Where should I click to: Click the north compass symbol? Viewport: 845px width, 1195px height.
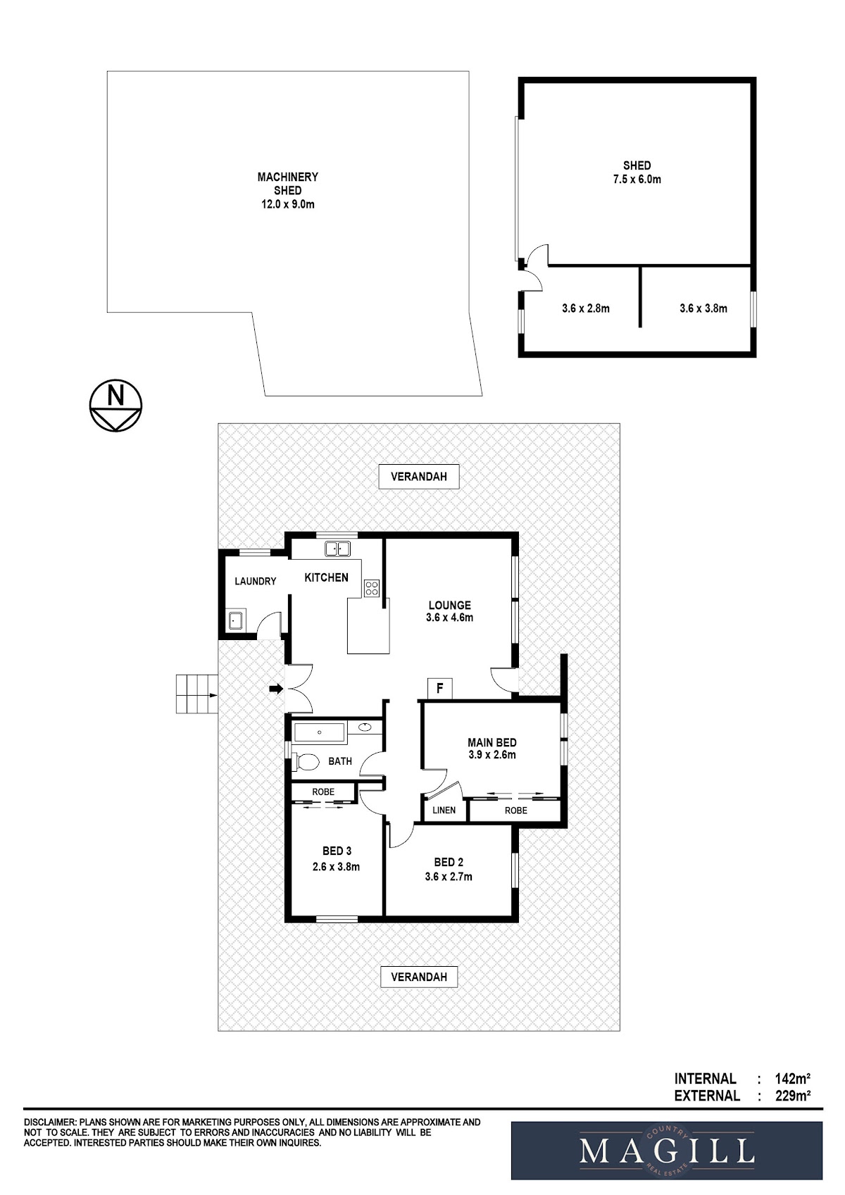(x=115, y=405)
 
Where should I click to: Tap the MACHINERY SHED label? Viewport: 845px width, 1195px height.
(x=287, y=184)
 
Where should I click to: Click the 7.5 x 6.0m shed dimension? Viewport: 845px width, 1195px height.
(x=637, y=180)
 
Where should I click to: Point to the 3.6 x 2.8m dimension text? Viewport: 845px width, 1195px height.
(x=586, y=308)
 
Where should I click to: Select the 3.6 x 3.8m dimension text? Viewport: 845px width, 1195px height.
(x=703, y=308)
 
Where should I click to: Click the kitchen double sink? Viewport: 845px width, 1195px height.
(x=337, y=548)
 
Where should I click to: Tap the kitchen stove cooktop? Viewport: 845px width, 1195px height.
(x=372, y=587)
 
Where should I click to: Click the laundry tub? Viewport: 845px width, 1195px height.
(x=235, y=620)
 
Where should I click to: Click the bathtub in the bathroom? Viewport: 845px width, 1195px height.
(x=320, y=732)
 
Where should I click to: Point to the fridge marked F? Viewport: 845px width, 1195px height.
(x=440, y=688)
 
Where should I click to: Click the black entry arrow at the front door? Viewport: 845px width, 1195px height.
(x=276, y=689)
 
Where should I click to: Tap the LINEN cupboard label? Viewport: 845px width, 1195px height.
(x=444, y=810)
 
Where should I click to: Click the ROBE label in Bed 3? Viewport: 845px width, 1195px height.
(x=323, y=792)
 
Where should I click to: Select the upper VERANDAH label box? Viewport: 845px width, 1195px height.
(x=419, y=477)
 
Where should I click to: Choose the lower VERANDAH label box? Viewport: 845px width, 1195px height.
(x=419, y=977)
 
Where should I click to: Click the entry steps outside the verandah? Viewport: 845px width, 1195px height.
(x=197, y=694)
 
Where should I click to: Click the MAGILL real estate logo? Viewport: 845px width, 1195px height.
(x=667, y=1150)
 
